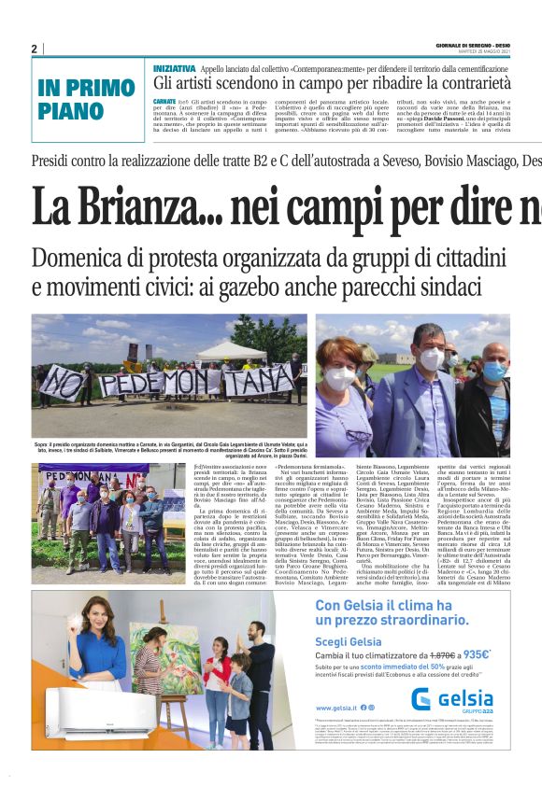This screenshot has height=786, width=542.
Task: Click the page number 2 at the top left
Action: click(x=34, y=49)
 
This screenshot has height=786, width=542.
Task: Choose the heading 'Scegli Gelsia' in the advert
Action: click(x=349, y=640)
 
